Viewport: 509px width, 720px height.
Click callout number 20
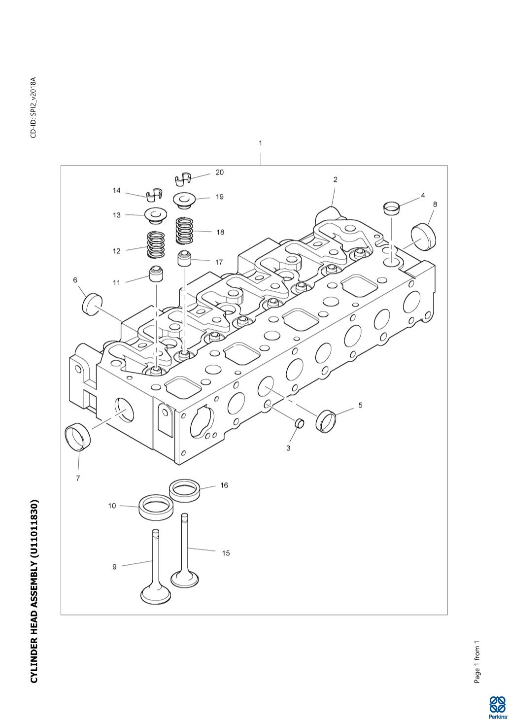coord(219,172)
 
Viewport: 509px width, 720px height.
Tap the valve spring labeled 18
coord(184,231)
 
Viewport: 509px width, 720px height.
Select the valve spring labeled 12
coord(156,245)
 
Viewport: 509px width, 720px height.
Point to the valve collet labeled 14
coord(155,194)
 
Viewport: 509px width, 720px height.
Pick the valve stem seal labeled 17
coord(184,258)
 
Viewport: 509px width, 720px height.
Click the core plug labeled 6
coord(93,303)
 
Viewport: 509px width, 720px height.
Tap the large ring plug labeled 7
coord(78,438)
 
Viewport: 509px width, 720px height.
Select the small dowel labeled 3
coord(300,423)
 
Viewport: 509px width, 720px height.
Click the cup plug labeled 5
coord(326,421)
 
